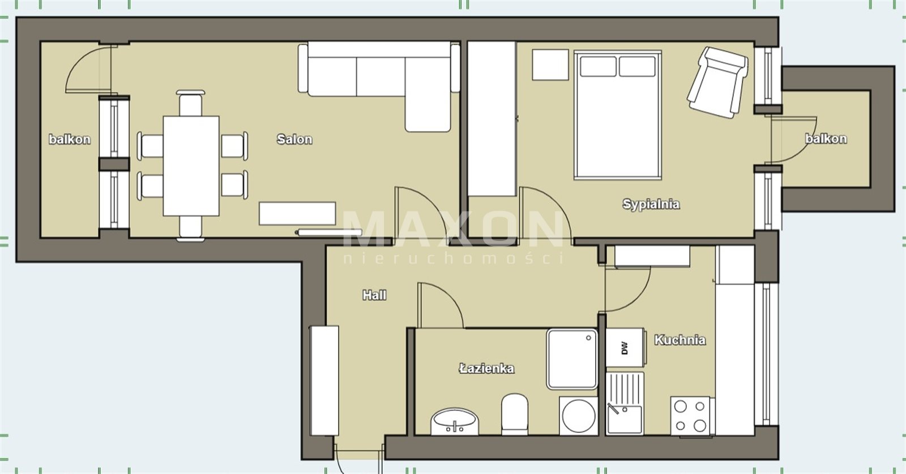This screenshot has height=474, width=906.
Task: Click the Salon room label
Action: [294, 139]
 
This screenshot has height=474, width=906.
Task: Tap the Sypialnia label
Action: [651, 204]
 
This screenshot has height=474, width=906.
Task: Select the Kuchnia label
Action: [680, 340]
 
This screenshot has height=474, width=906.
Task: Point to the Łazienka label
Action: [486, 368]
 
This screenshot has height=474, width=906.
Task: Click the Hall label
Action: [374, 295]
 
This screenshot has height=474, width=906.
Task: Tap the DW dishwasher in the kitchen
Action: [625, 347]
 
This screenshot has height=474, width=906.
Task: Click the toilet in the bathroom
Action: [515, 414]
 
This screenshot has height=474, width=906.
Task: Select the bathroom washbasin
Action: [455, 421]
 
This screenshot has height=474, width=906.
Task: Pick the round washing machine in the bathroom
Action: [578, 416]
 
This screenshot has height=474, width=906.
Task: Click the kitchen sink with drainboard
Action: [625, 403]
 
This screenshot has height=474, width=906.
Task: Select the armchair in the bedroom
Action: [717, 83]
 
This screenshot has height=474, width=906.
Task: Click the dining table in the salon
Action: [191, 166]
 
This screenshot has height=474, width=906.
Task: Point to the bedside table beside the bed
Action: [550, 64]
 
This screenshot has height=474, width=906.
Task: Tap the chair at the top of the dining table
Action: [190, 104]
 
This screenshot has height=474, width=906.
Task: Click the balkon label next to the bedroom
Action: [826, 139]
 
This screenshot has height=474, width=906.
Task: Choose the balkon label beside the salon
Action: [70, 139]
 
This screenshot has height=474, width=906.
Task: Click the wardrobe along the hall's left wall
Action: [324, 381]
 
